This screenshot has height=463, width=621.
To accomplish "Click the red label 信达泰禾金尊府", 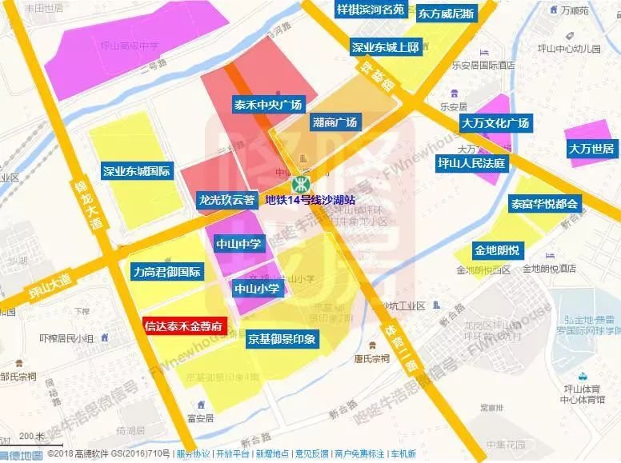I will [184, 325].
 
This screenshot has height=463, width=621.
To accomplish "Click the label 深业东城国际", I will [137, 171].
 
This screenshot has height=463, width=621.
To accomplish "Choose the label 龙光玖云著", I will [226, 199].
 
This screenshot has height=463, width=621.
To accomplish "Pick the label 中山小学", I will [256, 287].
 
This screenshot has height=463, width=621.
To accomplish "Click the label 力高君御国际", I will [167, 272].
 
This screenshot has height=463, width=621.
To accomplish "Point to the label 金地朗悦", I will [496, 249].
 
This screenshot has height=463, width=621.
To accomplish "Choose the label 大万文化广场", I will [495, 123].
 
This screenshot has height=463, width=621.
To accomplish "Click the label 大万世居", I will [591, 149].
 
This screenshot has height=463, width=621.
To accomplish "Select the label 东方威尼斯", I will [446, 14].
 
